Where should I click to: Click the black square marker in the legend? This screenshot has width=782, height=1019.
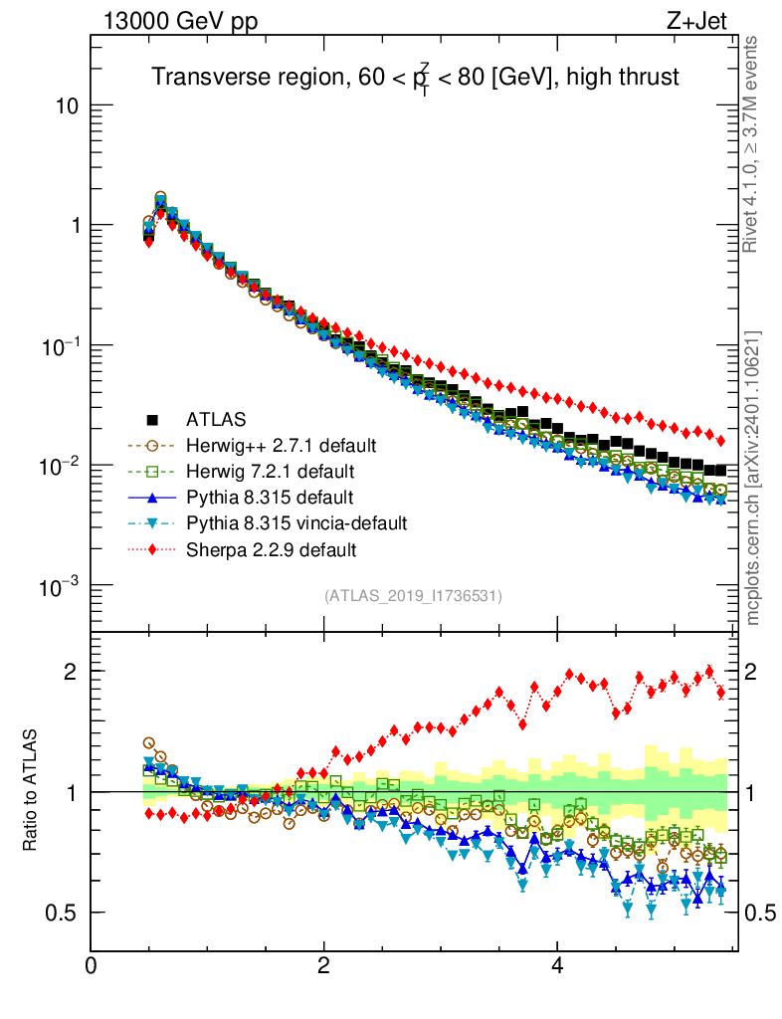coord(153,419)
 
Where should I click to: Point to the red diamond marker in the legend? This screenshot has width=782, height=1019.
coord(153,548)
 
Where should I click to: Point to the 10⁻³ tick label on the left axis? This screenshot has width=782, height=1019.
coord(62,586)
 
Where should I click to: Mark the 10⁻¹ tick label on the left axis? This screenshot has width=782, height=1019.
coord(62,345)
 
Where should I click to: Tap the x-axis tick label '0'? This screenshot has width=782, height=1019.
coord(92,966)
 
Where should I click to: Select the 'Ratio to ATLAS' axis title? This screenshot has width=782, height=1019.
coord(32,792)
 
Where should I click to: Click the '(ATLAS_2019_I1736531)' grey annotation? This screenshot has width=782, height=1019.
coord(413,596)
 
